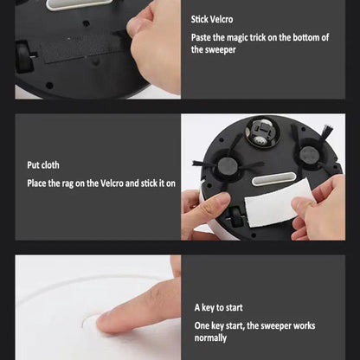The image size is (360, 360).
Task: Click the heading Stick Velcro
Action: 212,19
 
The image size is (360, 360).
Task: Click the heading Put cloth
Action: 43,165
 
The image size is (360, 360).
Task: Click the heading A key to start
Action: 218,307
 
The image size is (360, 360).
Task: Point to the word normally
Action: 210,337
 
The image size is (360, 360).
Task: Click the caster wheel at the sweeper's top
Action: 261,132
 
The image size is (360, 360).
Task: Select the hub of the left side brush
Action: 228,165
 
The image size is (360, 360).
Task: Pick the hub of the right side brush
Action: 309,155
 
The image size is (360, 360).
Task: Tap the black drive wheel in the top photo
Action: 23,56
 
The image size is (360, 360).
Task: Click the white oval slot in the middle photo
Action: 273,179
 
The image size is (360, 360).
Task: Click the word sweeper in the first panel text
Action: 221,50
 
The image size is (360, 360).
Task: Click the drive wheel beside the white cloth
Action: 236,216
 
